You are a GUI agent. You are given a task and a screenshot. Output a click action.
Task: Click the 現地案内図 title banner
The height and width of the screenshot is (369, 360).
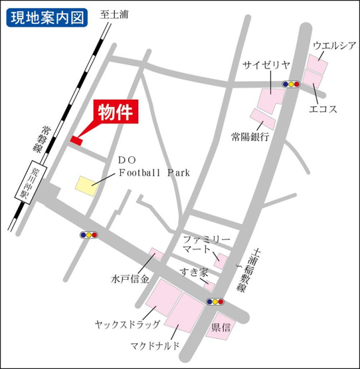(x=47, y=17)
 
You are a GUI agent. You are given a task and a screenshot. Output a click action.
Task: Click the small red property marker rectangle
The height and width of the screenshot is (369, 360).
(x=76, y=140)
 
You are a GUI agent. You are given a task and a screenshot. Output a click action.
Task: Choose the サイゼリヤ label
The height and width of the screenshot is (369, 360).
(x=266, y=64)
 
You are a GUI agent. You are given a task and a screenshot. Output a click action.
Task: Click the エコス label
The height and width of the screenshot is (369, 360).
(x=324, y=110)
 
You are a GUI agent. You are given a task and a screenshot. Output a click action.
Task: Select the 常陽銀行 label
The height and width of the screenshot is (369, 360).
(x=250, y=137)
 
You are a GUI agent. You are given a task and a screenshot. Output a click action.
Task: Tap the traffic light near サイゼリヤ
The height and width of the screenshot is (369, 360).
(x=291, y=84)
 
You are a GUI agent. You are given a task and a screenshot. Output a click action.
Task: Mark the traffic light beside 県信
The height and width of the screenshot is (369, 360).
(x=216, y=301)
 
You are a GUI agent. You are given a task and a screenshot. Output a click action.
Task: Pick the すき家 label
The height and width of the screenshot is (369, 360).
(x=194, y=273)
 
